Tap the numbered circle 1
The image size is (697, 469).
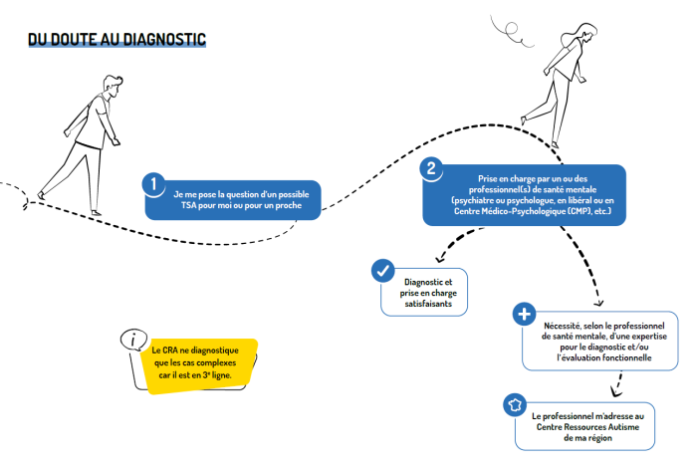pos(153,183)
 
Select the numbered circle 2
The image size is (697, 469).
pos(431,168)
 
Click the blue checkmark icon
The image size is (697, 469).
pos(382,270)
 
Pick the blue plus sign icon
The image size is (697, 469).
pos(524,314)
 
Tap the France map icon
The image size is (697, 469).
pos(515,405)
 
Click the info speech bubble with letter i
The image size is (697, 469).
pos(133,341)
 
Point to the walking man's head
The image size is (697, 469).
pos(113,85)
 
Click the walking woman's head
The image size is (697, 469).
pos(585,33)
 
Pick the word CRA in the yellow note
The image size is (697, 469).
pos(170,351)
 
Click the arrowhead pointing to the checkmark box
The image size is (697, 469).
pos(440,259)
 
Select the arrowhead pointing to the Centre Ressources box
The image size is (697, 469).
pos(615,392)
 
